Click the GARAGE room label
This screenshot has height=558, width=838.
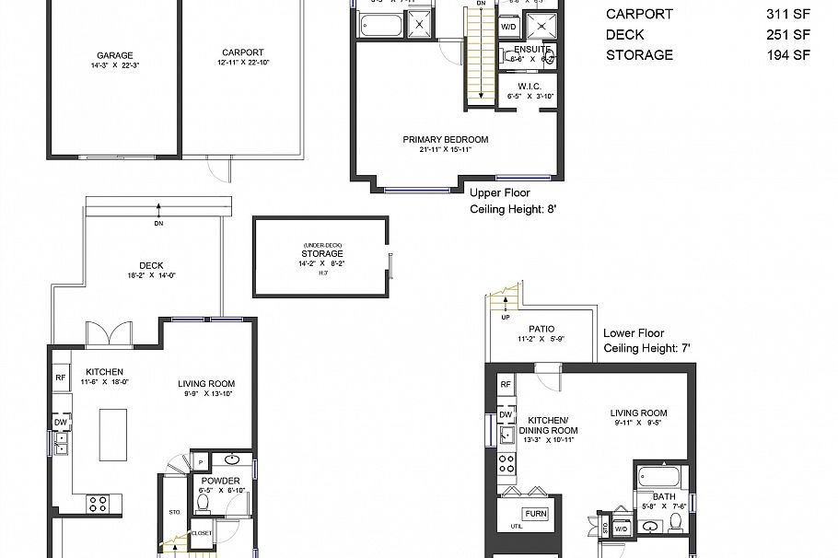tap(115, 53)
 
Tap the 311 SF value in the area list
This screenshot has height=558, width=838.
tap(788, 15)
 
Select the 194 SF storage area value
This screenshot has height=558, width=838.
tap(788, 55)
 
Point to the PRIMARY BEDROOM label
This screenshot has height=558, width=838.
tap(446, 140)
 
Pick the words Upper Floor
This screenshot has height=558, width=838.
tap(499, 193)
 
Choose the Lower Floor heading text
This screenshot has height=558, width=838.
tap(634, 333)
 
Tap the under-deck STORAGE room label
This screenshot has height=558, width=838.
tap(322, 254)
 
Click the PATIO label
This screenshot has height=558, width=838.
tap(541, 329)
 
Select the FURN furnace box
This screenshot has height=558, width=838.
tap(535, 514)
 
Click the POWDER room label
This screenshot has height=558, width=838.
tap(220, 481)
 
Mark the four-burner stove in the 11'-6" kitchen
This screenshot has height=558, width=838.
tap(98, 503)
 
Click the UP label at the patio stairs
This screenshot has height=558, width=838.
tap(506, 318)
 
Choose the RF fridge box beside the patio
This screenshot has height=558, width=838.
tap(505, 385)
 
